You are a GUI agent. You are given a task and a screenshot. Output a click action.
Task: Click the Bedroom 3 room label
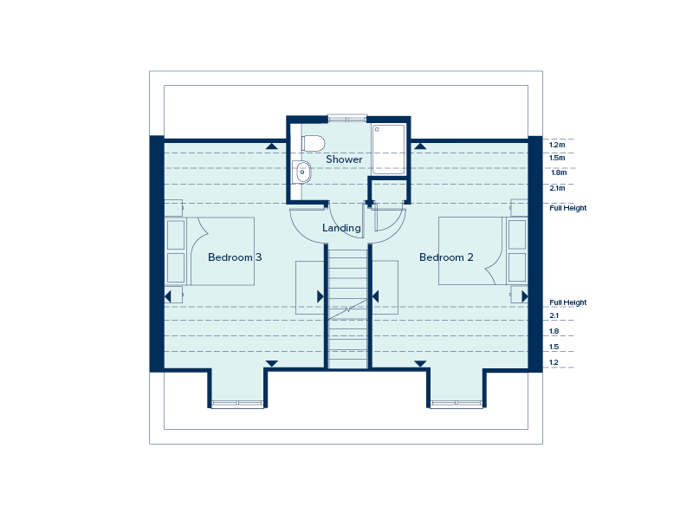click(235, 257)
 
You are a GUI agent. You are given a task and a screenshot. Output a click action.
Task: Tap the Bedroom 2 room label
click(446, 257)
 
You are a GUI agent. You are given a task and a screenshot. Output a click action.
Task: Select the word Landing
click(341, 228)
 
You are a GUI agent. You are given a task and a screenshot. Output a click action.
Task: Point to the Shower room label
click(344, 159)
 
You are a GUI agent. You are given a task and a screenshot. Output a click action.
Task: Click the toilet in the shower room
click(311, 142)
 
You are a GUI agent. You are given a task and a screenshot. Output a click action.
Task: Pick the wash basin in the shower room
click(302, 172)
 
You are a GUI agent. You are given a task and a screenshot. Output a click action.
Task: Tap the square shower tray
click(387, 148)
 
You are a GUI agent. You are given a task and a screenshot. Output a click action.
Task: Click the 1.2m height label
click(557, 145)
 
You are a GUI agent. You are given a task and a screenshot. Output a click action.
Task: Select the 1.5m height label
click(557, 159)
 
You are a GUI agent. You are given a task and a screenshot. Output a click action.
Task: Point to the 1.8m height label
click(558, 172)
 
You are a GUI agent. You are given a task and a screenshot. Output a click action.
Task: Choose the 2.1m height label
click(557, 187)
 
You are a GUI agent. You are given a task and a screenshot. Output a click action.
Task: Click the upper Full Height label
click(568, 208)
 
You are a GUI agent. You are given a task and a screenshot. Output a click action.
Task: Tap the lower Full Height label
click(568, 302)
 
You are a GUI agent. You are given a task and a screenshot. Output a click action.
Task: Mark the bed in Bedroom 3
click(221, 251)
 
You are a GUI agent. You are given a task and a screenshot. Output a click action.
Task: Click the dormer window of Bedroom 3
click(237, 403)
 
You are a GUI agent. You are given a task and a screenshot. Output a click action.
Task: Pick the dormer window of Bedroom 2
click(457, 403)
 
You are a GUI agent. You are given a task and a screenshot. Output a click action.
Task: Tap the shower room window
click(346, 118)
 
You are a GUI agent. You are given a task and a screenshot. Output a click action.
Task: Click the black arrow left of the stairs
click(321, 296)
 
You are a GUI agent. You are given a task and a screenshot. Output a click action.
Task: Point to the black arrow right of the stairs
click(376, 296)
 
